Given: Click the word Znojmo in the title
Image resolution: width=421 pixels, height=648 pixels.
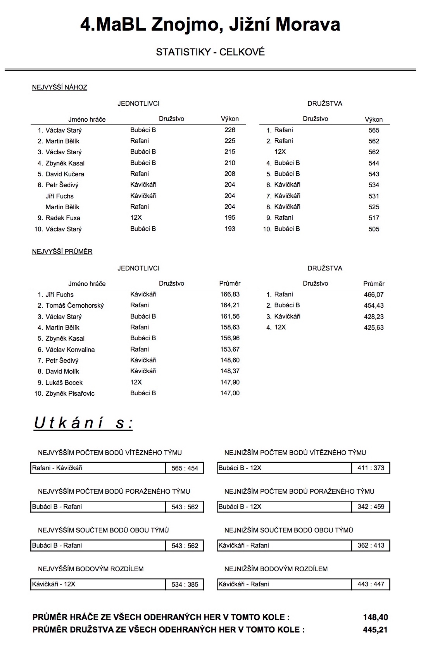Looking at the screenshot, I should pos(184,25).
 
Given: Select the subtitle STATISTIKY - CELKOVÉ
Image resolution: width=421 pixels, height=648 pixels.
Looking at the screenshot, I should pos(210,52).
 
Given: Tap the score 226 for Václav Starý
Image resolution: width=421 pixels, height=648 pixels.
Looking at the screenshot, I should pos(229,130).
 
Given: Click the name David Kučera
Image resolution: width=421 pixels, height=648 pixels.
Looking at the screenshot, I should pos(64,174).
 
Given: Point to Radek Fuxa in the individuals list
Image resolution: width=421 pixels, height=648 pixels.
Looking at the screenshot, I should pos(63,218).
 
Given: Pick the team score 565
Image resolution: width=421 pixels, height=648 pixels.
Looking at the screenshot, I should pos(374,130).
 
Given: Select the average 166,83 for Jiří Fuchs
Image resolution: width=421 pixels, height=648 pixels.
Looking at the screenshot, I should pos(230,295).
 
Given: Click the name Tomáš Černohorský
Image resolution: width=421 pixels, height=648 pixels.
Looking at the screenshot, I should pos(74,305).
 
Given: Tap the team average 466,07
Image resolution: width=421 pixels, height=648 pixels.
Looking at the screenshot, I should pos(374,295).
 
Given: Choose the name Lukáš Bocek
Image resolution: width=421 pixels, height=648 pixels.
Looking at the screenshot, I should pos(64,383).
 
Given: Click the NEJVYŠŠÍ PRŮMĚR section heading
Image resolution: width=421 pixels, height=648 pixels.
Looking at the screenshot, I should pos(62,252).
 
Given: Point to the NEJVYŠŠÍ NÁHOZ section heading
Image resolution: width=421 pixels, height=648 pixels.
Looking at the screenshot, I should pos(59,87).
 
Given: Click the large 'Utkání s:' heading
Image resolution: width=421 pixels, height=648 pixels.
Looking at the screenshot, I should pos(83,423).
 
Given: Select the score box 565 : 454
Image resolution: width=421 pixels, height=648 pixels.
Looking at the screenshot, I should pos(185,468).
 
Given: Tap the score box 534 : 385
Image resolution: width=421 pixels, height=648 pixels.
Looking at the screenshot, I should pos(185,584).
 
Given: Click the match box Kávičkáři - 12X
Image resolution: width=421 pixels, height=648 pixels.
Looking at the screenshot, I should pos(98,584).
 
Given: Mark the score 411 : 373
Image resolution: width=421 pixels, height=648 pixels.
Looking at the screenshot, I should pos(371,468).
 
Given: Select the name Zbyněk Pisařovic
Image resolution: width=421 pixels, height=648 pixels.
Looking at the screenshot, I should pos(70,393).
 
